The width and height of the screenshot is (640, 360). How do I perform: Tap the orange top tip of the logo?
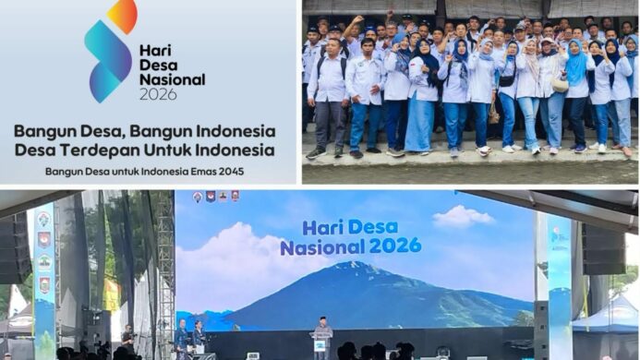[123, 14]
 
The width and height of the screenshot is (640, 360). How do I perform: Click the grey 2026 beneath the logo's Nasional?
[158, 94]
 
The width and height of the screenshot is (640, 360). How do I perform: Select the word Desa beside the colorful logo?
[158, 64]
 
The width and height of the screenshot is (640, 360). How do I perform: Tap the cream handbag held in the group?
[560, 84]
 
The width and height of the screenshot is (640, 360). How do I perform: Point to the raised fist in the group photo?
[358, 18]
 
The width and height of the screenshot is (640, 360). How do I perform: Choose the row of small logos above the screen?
[215, 197]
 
